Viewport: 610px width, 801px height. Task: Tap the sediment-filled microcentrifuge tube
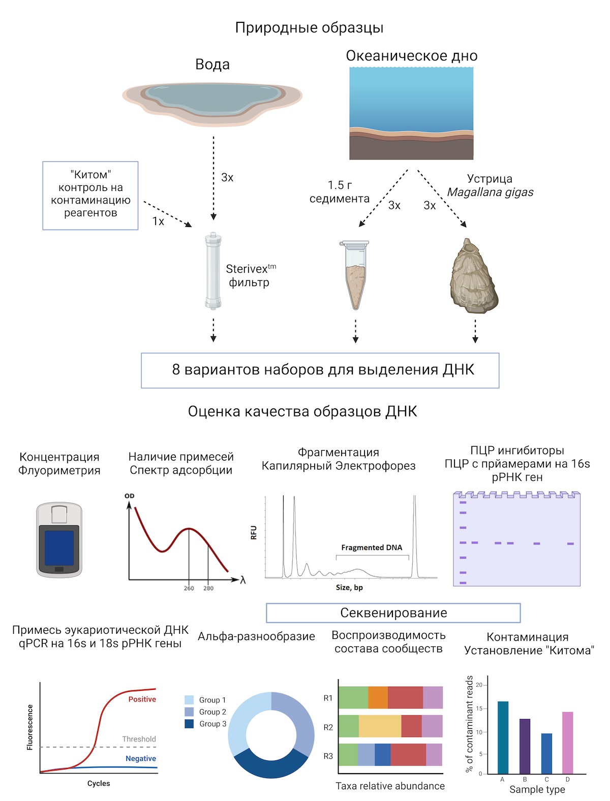point(355,275)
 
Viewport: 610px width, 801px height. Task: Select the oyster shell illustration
point(473,276)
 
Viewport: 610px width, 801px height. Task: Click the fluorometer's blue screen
point(59,548)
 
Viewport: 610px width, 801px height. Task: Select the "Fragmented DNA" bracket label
point(371,548)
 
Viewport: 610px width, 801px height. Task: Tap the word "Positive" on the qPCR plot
point(142,699)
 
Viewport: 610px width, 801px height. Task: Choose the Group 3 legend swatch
point(189,723)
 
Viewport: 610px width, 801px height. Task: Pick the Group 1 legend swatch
point(189,699)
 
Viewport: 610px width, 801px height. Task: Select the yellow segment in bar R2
point(380,726)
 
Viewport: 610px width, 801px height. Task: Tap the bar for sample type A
point(503,737)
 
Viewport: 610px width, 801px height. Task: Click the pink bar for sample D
point(568,742)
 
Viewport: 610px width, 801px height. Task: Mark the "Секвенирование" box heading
point(393,613)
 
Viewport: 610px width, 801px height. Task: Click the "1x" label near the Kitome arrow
point(158,221)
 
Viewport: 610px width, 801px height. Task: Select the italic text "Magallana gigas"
point(490,192)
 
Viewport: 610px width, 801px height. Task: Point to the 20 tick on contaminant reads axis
point(479,685)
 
